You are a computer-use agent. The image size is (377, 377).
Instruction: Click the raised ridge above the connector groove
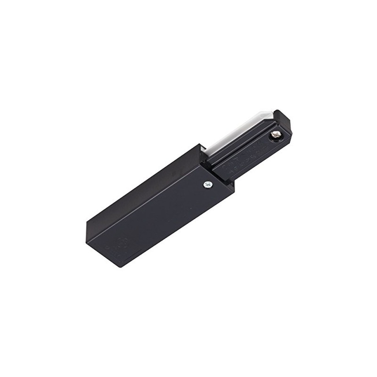[x=236, y=141]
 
